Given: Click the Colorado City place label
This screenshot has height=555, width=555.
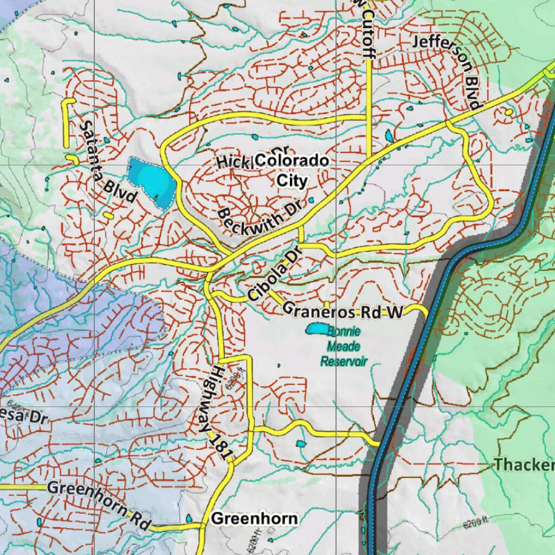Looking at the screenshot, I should point(292,170).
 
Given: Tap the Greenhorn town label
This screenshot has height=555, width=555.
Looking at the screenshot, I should point(254,519).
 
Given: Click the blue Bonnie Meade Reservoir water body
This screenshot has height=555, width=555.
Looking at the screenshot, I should point(317,328).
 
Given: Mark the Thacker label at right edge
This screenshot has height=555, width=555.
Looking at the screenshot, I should point(524,464).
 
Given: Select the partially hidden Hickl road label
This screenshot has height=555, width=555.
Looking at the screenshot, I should point(233,161).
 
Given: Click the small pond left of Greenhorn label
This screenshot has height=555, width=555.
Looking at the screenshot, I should point(189,519).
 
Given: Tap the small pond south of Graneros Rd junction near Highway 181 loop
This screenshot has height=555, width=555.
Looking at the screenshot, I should point(301,444).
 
